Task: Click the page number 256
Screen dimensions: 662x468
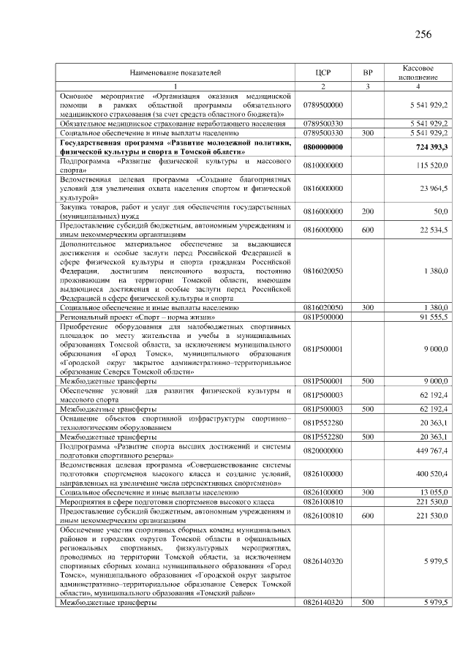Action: tap(423, 34)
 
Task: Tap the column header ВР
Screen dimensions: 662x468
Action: tap(367, 73)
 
